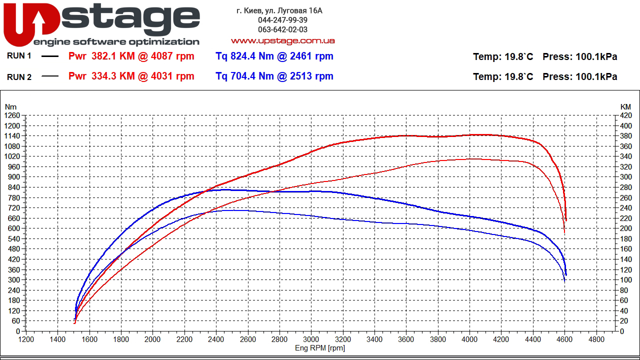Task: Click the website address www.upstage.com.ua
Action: point(282,40)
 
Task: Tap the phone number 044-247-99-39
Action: point(282,20)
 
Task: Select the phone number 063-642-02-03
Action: point(282,29)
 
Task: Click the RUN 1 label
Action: point(19,56)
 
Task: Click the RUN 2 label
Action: point(19,76)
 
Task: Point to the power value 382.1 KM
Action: point(113,56)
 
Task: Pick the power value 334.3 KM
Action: point(113,76)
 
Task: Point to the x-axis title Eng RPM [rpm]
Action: point(320,348)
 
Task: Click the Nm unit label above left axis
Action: point(10,106)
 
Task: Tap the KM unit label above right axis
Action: point(625,106)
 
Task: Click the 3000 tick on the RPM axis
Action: point(311,339)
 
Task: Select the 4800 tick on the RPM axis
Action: point(596,339)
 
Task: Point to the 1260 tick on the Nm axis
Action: point(12,115)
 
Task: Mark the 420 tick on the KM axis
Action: point(625,115)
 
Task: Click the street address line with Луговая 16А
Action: point(279,10)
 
